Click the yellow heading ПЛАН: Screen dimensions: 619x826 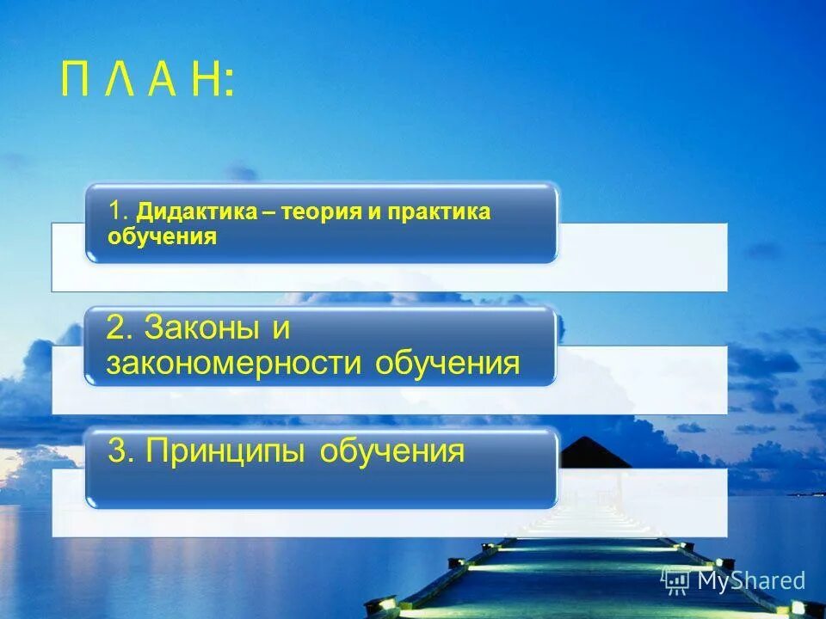146,83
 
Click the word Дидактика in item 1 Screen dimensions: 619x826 197,211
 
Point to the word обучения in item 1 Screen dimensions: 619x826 162,236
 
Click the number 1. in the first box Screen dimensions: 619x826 119,211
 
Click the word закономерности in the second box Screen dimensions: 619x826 234,363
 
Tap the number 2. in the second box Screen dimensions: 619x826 120,328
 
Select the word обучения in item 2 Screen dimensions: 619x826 447,363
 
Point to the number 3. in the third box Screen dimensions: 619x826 121,450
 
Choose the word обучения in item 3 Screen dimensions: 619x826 392,450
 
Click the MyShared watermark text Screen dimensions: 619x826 751,580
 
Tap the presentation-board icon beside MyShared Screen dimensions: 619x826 676,580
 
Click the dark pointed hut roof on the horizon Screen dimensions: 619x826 594,451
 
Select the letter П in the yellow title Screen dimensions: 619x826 76,83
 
